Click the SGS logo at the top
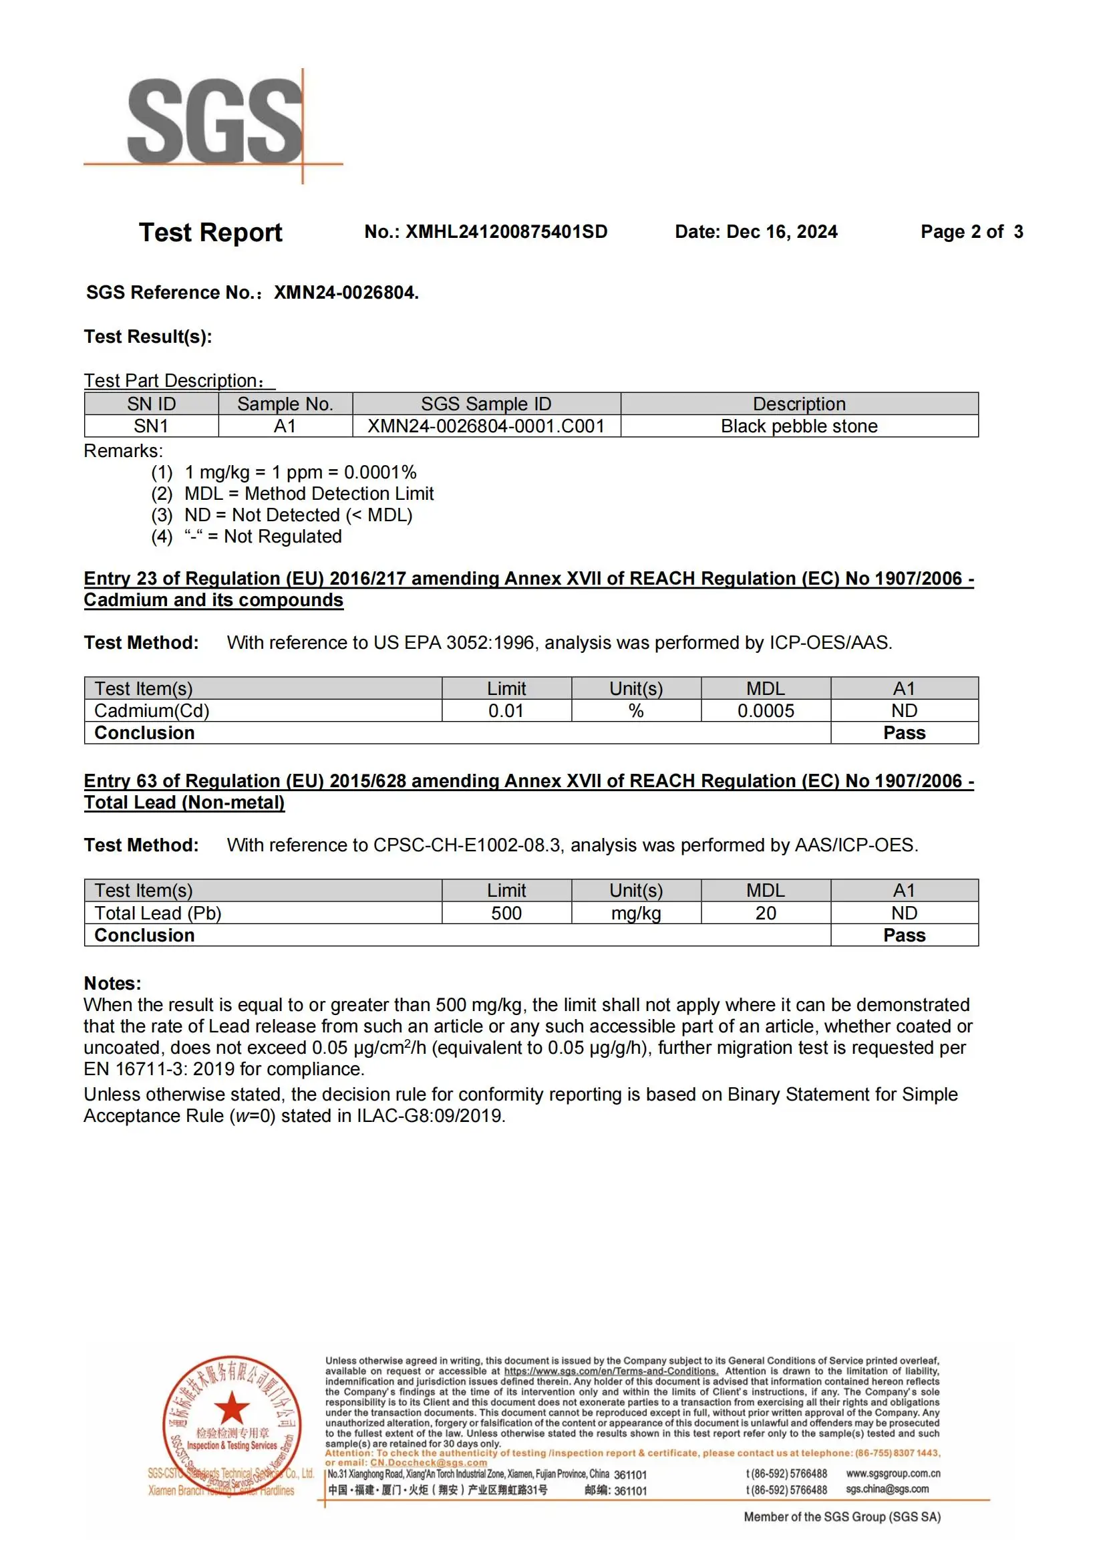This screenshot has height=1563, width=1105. point(214,122)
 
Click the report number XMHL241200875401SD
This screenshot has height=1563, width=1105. point(506,232)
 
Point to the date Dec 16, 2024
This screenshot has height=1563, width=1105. point(782,232)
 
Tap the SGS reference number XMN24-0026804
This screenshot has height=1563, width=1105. point(345,293)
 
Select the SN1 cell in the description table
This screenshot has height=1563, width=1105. point(151,426)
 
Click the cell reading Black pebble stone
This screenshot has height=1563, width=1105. point(799,426)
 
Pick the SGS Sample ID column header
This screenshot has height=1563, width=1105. point(486,404)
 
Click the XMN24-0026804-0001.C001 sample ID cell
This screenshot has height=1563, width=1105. point(486,426)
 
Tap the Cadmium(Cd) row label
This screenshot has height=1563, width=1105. point(152,711)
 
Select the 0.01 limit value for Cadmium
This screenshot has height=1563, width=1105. point(506,711)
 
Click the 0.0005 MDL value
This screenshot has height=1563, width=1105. point(766,711)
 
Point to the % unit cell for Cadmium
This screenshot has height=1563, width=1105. point(635,711)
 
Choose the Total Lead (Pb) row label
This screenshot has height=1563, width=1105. point(158,913)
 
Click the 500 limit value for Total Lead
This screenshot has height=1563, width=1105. point(506,913)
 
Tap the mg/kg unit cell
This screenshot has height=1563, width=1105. point(635,913)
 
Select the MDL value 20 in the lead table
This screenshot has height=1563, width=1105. point(766,913)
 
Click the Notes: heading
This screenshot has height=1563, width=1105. point(112,983)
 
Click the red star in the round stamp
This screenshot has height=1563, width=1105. point(231,1408)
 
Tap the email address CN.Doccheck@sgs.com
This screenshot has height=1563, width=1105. point(428,1462)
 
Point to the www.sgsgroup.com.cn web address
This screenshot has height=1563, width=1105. point(893,1473)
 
